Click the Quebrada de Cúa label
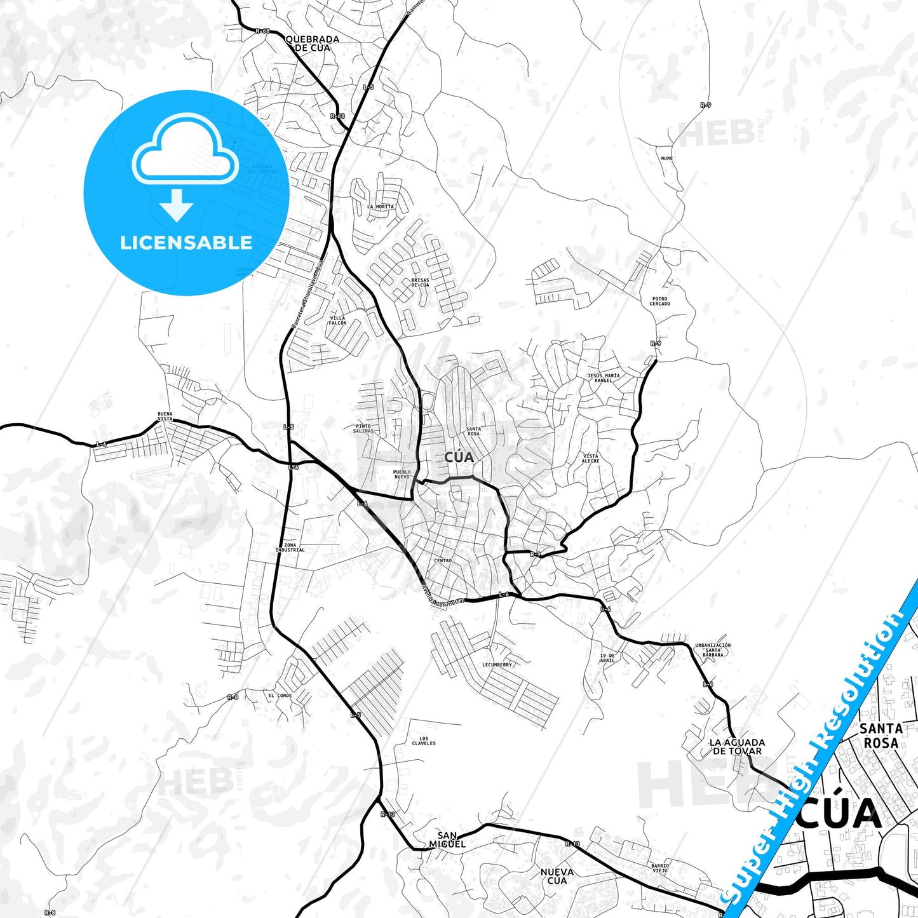[313, 43]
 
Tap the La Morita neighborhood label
[381, 206]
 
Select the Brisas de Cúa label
[420, 282]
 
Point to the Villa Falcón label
[337, 320]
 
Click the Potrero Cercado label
[659, 301]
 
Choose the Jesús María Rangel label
[603, 378]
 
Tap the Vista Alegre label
[590, 458]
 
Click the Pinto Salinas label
[363, 429]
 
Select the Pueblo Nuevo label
[402, 474]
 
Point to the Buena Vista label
[165, 417]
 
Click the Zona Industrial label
[290, 548]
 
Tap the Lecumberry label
[497, 665]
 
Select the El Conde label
[280, 695]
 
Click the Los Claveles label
[424, 741]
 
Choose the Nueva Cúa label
[557, 876]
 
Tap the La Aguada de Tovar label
[737, 746]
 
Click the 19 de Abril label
[607, 658]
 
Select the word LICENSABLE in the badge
[186, 242]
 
